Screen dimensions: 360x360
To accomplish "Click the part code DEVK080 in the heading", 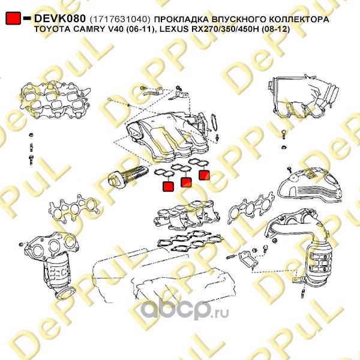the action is (60, 19).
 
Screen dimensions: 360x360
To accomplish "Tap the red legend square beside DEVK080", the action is (13, 18).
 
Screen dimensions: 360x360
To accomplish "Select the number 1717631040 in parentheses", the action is (120, 19).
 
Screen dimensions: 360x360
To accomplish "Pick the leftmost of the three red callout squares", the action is (168, 187).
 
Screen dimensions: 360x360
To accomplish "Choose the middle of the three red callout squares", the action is (186, 182).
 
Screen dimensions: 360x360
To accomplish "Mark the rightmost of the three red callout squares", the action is (204, 175).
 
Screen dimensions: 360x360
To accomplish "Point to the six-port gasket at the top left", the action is (55, 100).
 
